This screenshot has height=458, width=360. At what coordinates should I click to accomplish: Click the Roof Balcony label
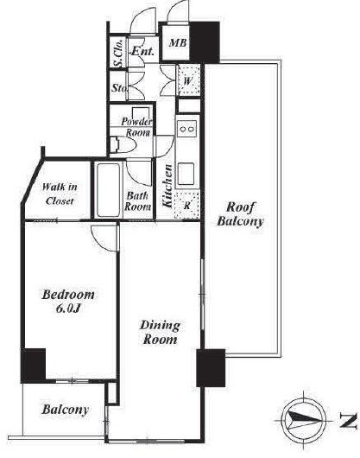(240, 214)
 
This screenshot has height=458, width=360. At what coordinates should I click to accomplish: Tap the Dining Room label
(160, 333)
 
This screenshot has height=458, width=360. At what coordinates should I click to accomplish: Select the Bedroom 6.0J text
(68, 301)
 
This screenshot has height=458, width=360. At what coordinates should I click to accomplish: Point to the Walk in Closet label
(60, 194)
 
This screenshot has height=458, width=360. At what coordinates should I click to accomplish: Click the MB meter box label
(178, 43)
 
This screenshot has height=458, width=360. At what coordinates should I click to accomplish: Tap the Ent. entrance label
(142, 51)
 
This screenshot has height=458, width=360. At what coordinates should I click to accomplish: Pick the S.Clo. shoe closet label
(118, 54)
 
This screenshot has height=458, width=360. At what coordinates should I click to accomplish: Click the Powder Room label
(136, 127)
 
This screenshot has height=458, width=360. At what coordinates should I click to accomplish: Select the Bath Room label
(137, 201)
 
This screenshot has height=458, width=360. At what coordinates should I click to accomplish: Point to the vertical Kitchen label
(167, 186)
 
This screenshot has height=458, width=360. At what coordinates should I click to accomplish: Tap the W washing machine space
(188, 80)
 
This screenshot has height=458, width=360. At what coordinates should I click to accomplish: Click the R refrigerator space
(187, 205)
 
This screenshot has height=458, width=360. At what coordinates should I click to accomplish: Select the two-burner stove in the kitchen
(186, 129)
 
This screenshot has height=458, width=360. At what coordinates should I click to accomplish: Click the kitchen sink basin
(186, 174)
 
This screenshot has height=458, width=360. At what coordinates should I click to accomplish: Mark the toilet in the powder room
(123, 144)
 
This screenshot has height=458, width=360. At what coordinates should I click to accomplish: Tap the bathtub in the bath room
(108, 189)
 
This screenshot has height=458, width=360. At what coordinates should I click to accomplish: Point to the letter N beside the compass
(348, 421)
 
